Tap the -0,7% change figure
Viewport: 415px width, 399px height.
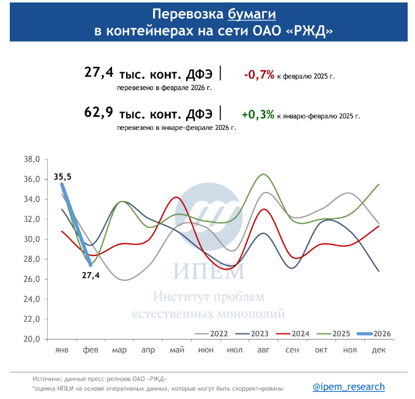258,75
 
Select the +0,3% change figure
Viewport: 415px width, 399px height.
258,114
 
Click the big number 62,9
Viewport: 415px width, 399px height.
99,113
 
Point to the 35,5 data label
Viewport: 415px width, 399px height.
62,177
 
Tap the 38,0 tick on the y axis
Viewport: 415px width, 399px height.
32,159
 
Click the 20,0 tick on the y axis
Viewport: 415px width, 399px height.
32,339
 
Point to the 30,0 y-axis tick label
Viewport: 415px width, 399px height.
32,239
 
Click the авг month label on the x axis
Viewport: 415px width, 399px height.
263,349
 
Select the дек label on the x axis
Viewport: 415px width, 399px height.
378,349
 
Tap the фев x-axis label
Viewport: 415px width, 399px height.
91,349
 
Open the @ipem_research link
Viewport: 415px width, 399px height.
348,387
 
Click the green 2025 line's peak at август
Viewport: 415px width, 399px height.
263,174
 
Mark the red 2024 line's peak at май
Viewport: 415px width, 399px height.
177,197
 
